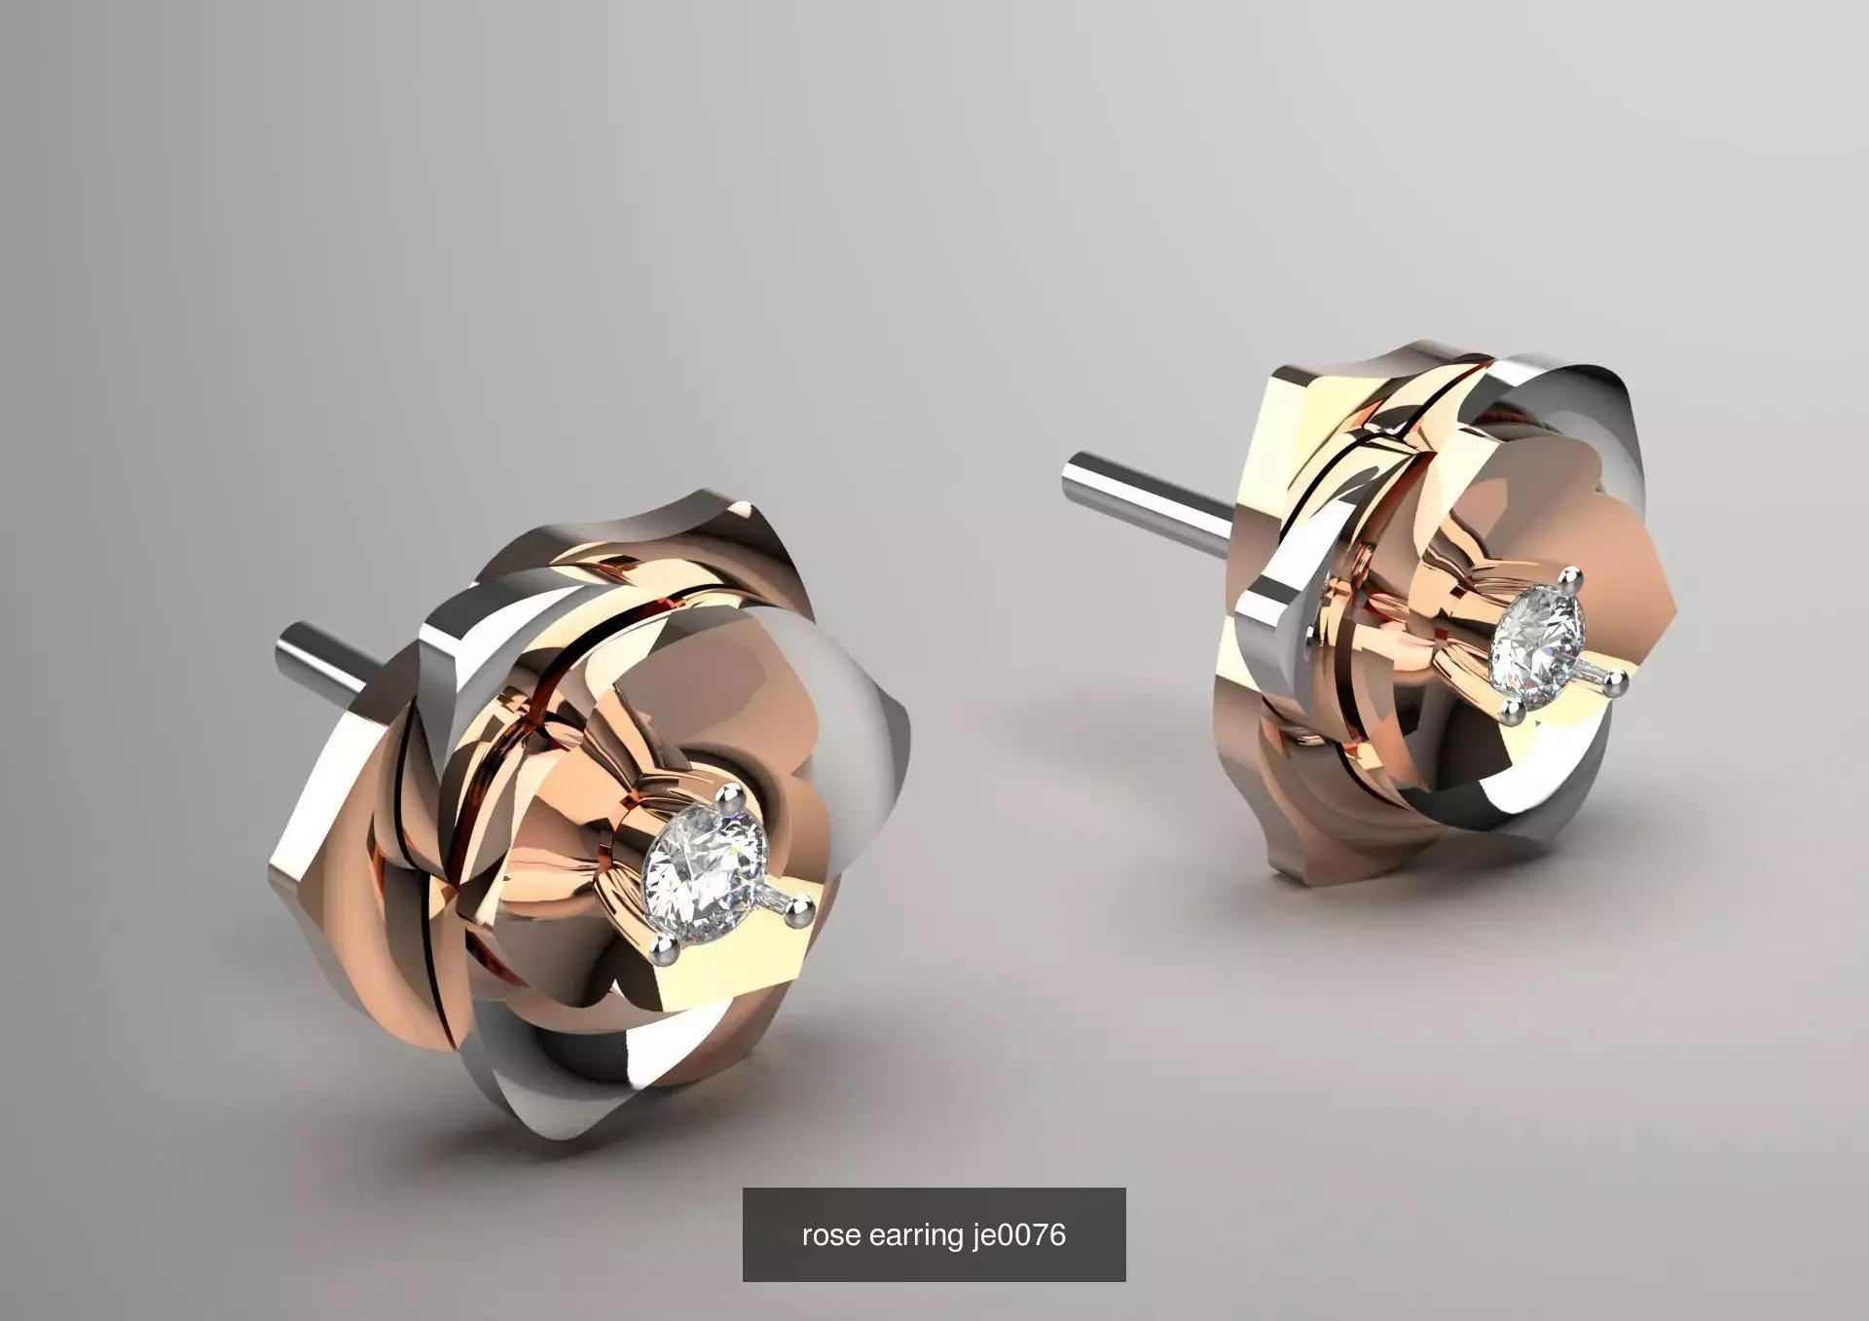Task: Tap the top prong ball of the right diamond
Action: pos(1569,581)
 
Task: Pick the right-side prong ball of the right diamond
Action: pos(1616,687)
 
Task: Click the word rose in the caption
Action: pos(830,1235)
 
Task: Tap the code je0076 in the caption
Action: pos(1018,1235)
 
